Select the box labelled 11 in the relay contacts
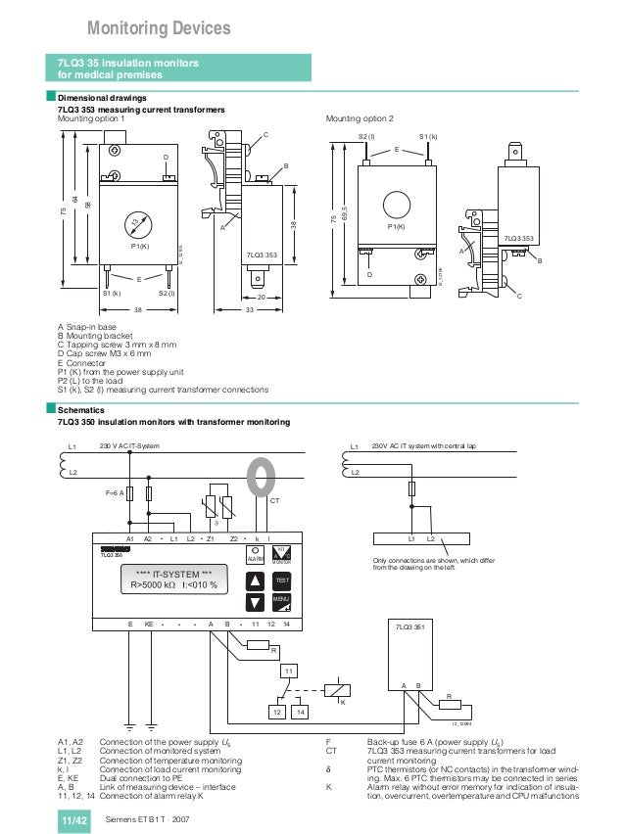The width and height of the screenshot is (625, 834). tap(289, 671)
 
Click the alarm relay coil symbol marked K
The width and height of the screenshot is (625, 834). tap(337, 689)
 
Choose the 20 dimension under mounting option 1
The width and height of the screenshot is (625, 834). tap(261, 298)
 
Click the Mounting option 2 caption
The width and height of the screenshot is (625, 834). tap(359, 118)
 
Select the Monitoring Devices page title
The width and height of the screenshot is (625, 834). tap(159, 27)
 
